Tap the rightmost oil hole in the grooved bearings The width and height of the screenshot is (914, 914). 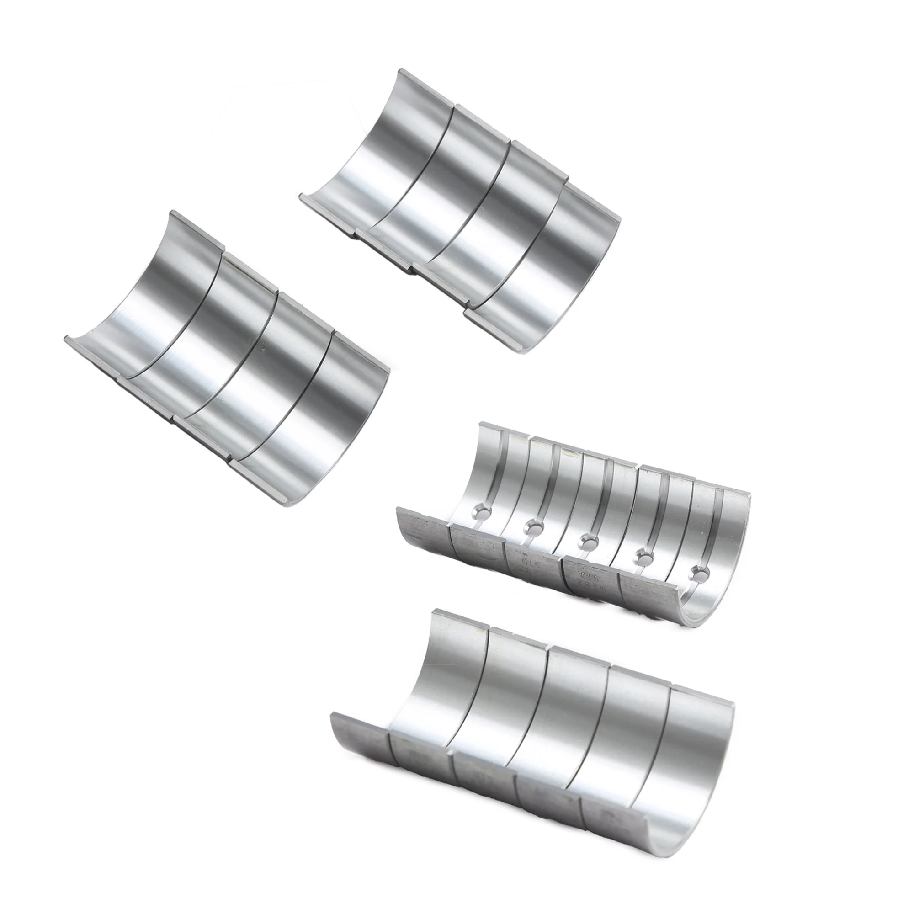[698, 574]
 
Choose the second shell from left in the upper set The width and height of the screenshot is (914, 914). [426, 180]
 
